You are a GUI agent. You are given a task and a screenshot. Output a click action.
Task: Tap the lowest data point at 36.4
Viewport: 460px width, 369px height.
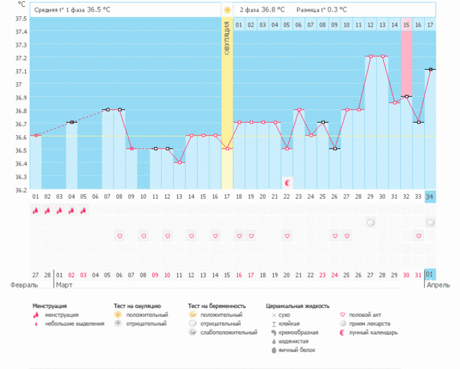pos(179,162)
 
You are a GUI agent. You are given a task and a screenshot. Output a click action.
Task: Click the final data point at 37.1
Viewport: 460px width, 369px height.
pos(430,69)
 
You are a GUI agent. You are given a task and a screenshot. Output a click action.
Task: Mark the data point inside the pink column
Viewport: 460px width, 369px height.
pos(406,96)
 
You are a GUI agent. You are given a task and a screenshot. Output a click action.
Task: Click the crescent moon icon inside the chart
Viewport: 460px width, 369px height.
pos(287,183)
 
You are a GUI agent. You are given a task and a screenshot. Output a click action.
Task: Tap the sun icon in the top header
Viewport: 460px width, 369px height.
pos(227,10)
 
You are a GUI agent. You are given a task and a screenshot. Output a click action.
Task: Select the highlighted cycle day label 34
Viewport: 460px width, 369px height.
pos(430,197)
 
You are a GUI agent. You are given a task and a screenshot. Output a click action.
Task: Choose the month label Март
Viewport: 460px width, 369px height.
pos(65,285)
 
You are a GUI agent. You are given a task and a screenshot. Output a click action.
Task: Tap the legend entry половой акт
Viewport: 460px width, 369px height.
pos(366,315)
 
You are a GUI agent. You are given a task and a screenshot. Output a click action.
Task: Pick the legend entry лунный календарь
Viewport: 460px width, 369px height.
pos(373,332)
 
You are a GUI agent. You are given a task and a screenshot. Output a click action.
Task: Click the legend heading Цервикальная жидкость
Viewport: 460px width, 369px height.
pos(298,306)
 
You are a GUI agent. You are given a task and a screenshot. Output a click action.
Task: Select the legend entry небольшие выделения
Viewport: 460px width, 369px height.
pos(75,324)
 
